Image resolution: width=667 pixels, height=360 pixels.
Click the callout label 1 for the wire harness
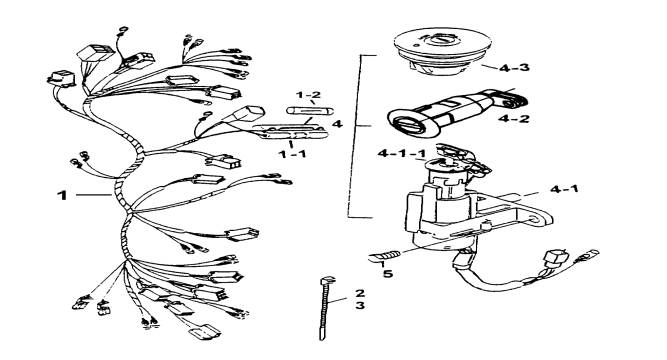point(63,195)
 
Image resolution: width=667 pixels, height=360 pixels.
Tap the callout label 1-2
point(308,95)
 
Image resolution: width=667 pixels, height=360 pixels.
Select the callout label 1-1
point(292,154)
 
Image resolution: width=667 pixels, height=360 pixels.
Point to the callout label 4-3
point(514,68)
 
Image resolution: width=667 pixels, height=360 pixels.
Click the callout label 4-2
point(514,118)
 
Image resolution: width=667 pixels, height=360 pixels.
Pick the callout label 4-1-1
point(402,154)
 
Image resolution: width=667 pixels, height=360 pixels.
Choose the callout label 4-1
point(564,189)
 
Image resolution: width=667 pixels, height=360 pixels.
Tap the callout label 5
point(388,273)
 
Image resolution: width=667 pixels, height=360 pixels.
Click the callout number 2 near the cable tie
point(360,293)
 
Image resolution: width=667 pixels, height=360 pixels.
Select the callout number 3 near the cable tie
point(360,306)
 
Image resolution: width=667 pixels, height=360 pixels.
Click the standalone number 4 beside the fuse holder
point(337,124)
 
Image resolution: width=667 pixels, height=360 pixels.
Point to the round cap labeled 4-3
point(442,52)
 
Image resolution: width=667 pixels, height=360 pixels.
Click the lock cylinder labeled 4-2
point(457,114)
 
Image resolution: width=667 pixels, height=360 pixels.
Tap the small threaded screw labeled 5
point(385,257)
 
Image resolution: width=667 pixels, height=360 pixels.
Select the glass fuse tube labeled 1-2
point(310,111)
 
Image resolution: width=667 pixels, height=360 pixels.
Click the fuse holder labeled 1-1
point(291,131)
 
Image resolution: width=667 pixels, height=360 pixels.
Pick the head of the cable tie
point(327,280)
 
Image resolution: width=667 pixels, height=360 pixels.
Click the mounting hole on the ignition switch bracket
point(535,221)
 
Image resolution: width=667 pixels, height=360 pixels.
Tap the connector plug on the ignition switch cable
point(556,258)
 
